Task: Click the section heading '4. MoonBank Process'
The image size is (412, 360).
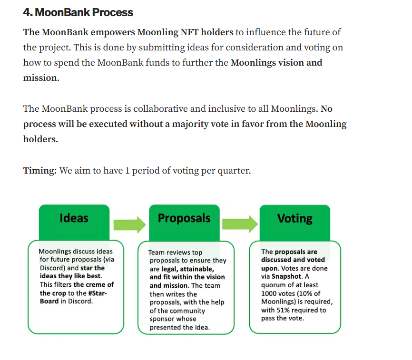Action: (x=78, y=12)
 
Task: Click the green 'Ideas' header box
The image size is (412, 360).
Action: (x=74, y=218)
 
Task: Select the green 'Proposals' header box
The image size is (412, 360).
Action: (x=184, y=218)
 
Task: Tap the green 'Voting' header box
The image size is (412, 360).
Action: (x=295, y=218)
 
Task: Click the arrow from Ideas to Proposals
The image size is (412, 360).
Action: (x=129, y=224)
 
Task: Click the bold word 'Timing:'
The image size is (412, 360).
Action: (x=40, y=170)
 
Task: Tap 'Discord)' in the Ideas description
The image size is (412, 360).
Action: (x=52, y=268)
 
